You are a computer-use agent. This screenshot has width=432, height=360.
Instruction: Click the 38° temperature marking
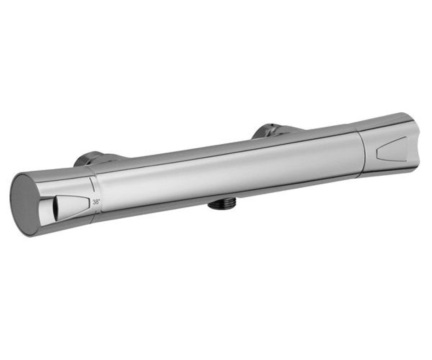(96, 202)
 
